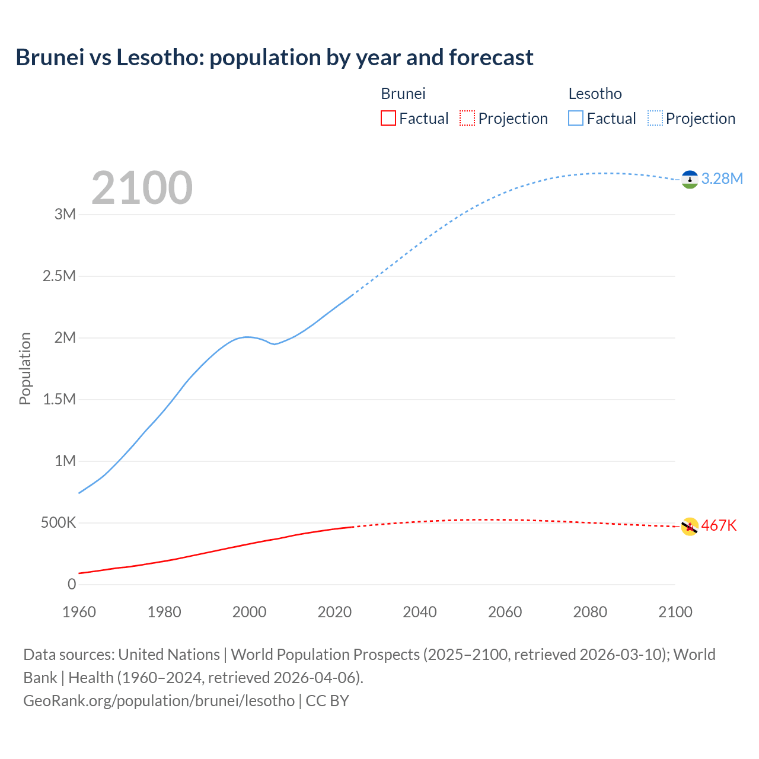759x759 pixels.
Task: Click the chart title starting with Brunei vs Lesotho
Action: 274,58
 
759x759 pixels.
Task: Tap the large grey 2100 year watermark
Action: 142,188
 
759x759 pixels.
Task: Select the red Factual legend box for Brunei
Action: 388,118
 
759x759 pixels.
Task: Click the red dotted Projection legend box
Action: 467,118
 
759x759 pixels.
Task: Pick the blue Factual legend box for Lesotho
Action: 575,118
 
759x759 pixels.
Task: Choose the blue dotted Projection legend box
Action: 655,118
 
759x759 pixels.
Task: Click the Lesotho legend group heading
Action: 595,94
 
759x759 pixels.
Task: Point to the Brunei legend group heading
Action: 403,94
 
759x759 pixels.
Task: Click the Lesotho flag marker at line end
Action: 689,179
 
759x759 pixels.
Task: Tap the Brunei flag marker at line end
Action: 689,527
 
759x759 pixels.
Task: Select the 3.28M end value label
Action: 722,179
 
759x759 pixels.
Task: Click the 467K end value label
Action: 719,526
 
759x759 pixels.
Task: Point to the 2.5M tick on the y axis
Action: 59,276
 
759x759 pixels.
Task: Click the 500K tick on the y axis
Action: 58,523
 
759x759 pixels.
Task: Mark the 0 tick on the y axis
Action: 72,585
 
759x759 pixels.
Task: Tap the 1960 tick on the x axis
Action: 79,612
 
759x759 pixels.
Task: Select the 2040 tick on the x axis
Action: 420,612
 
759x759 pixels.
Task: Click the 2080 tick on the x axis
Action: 590,612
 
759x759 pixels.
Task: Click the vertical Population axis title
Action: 25,368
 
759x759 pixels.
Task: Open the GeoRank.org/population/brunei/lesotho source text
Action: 159,701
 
